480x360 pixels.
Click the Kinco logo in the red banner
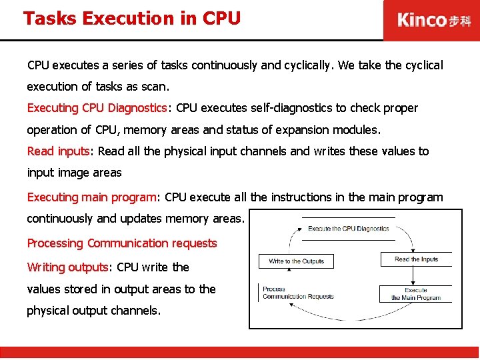pyautogui.click(x=433, y=20)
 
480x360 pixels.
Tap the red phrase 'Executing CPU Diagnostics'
pyautogui.click(x=97, y=108)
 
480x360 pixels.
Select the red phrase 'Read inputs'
pyautogui.click(x=58, y=151)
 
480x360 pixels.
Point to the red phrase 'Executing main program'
pyautogui.click(x=91, y=197)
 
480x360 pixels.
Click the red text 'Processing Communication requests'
pyautogui.click(x=122, y=243)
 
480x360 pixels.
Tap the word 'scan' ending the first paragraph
pyautogui.click(x=159, y=87)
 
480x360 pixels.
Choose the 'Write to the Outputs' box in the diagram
pyautogui.click(x=296, y=261)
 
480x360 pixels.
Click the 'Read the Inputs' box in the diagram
pyautogui.click(x=416, y=259)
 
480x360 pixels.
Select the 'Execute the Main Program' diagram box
pyautogui.click(x=416, y=294)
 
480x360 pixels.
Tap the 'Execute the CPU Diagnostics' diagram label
pyautogui.click(x=348, y=229)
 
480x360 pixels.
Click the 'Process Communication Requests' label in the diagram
pyautogui.click(x=297, y=293)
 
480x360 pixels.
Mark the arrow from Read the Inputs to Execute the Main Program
pyautogui.click(x=416, y=276)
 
